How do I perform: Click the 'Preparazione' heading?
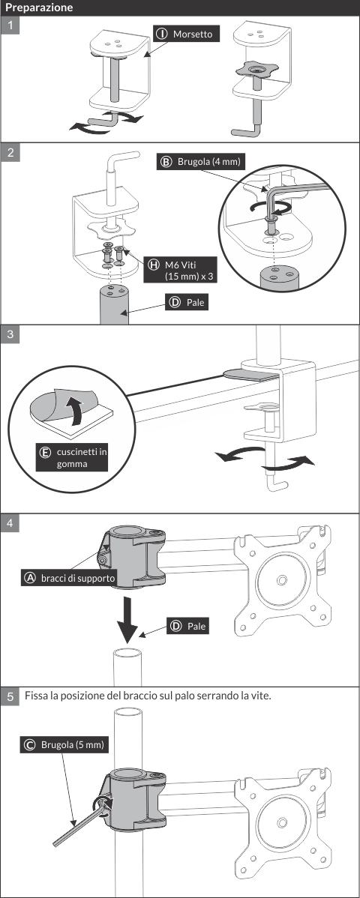click(39, 8)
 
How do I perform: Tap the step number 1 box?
click(10, 25)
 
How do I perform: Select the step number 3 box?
click(10, 334)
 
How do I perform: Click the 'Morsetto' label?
click(186, 34)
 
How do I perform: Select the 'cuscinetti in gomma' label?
click(72, 457)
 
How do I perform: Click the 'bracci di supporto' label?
click(69, 578)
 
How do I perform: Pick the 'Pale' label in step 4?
click(187, 626)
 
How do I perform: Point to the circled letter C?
click(30, 744)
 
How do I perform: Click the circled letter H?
click(153, 264)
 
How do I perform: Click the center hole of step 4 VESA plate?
click(281, 581)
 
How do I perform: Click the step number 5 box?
click(10, 696)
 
